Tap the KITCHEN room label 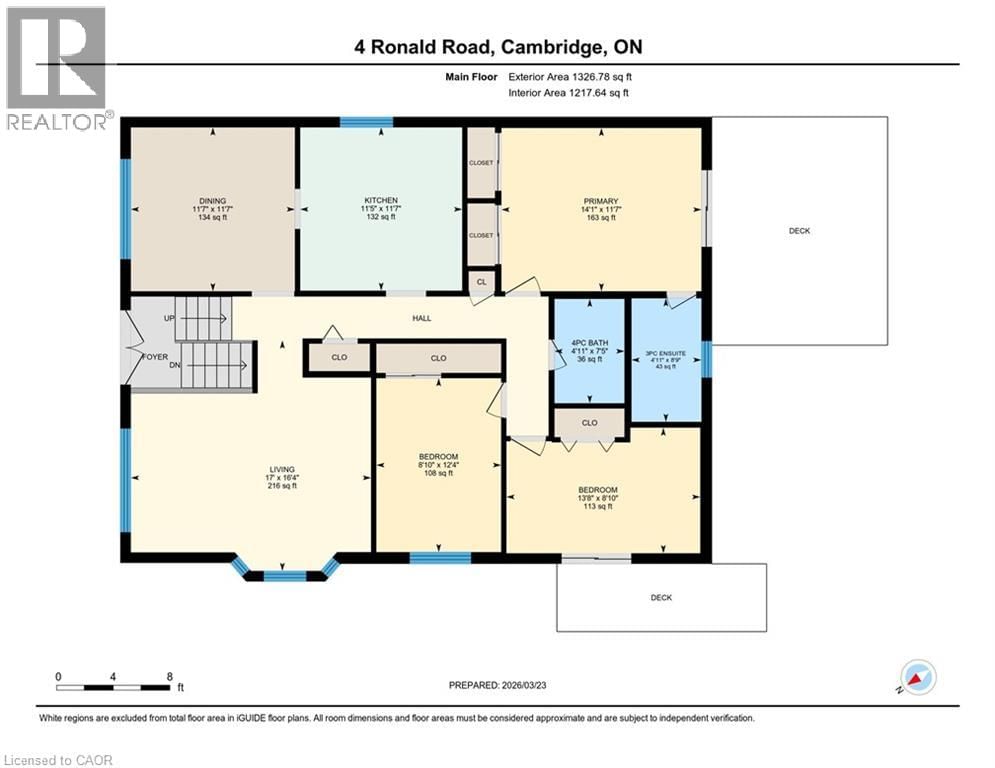pos(381,200)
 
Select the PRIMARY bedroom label pos(600,200)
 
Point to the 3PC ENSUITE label pos(665,353)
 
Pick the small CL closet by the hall pos(482,282)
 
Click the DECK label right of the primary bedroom pos(799,231)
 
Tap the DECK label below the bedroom pos(661,598)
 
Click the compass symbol pos(918,677)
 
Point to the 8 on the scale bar pos(169,676)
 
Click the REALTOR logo pos(56,68)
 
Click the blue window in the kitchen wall pos(366,122)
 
